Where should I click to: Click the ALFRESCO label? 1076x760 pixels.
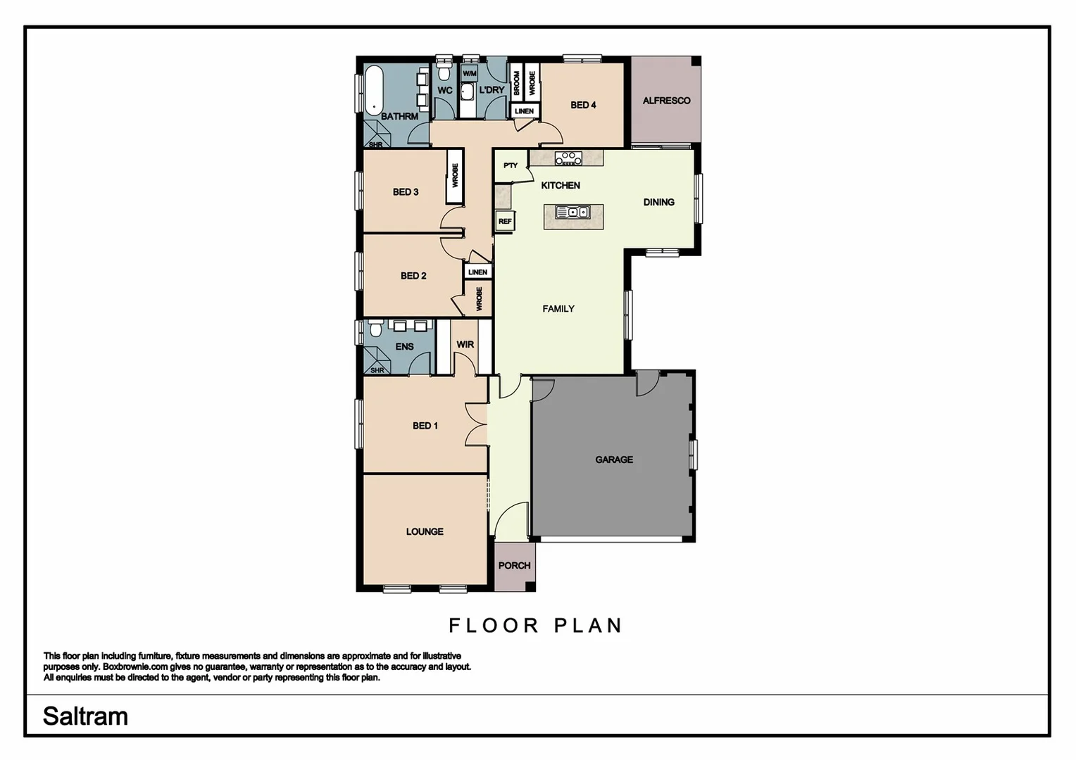pos(665,101)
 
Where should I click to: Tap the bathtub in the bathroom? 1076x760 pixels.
pos(373,89)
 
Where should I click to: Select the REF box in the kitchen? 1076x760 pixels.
pos(504,221)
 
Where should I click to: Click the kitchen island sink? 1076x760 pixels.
pos(573,212)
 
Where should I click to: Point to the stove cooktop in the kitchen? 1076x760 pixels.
pos(568,158)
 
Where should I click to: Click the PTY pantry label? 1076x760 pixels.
pos(511,166)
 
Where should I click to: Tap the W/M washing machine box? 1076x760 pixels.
pos(470,73)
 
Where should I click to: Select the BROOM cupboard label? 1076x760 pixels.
pos(516,83)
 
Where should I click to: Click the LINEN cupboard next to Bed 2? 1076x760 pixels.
pos(477,272)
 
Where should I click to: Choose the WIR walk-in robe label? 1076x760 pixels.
pos(465,345)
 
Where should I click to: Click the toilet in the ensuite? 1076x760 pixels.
pos(376,328)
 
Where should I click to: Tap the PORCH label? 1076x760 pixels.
pos(514,566)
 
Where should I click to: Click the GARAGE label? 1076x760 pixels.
pos(613,460)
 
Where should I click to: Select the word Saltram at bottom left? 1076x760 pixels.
pos(85,716)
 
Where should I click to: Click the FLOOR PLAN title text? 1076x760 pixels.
pos(536,626)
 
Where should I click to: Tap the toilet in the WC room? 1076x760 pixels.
pos(444,72)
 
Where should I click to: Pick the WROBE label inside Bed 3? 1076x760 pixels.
pos(455,176)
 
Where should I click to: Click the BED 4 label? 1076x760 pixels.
pos(583,105)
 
